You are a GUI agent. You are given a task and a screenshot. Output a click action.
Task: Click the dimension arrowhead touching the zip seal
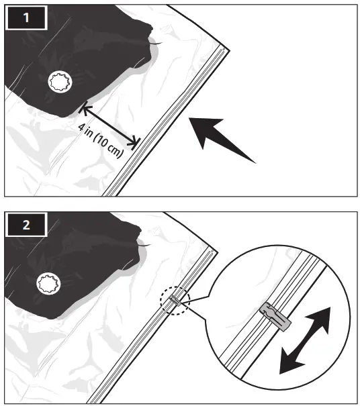click(x=136, y=142)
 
